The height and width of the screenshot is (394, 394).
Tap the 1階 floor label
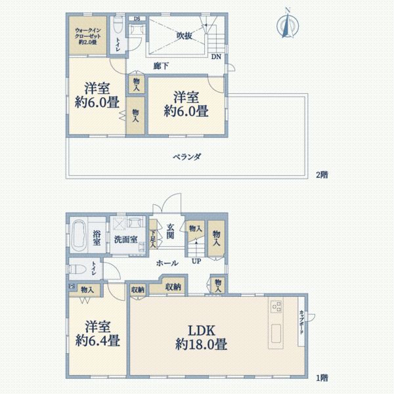[x=321, y=378]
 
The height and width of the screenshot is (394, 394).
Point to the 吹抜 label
[x=185, y=36]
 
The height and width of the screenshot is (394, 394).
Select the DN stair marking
[x=216, y=56]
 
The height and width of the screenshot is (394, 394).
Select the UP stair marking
[x=196, y=261]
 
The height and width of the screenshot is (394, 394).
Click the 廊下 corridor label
[x=160, y=66]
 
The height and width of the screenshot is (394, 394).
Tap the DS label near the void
[x=137, y=18]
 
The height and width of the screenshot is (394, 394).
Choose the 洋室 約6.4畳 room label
[x=97, y=334]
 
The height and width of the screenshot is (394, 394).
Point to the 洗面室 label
[x=125, y=239]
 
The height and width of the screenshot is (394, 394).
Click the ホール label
[x=167, y=263]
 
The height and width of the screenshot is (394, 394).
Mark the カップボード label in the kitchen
[x=301, y=322]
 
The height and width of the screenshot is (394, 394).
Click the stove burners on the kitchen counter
[x=274, y=307]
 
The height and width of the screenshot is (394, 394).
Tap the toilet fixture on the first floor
[x=77, y=269]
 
